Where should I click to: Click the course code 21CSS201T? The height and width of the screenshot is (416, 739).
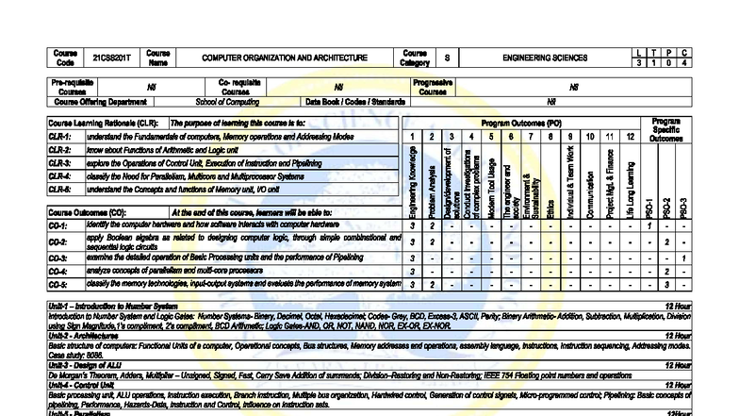[108, 58]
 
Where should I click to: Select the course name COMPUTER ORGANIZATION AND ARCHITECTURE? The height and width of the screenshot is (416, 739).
[285, 58]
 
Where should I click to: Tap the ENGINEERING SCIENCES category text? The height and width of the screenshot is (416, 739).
[545, 58]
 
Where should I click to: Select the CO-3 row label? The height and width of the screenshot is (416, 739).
[58, 258]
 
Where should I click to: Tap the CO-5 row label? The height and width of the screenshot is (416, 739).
[58, 284]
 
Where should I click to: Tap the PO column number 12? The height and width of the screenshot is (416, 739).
[631, 137]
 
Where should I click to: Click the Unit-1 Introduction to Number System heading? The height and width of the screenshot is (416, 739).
[112, 307]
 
